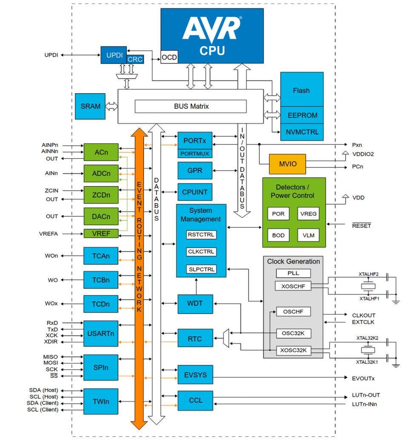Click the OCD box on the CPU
[x=169, y=57]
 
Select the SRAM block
[x=90, y=106]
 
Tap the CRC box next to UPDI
[x=135, y=60]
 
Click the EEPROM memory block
[x=302, y=115]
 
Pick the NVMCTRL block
[x=302, y=132]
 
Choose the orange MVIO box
[x=287, y=164]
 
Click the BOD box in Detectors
[x=278, y=235]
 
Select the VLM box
[x=308, y=235]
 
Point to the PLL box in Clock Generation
[x=293, y=273]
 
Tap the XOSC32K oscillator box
[x=293, y=351]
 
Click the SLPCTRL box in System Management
[x=201, y=269]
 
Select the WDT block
[x=195, y=304]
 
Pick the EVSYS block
[x=195, y=375]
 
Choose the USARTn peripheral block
[x=100, y=333]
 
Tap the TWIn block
[x=100, y=401]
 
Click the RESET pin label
[x=361, y=226]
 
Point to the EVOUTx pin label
[x=363, y=378]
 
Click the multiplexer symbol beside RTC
[x=226, y=339]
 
